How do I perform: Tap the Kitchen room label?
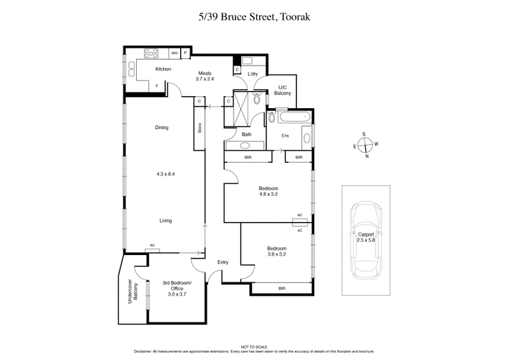146,69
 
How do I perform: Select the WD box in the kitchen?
174,53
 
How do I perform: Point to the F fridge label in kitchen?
157,85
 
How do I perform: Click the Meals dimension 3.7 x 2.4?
204,80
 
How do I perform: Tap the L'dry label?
252,75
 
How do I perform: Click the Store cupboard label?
199,128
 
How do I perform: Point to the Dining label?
162,127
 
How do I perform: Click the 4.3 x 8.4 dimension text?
165,174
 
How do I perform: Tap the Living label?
165,221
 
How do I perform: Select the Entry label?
223,262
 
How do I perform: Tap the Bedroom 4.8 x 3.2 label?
267,192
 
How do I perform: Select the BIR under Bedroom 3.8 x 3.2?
281,288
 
